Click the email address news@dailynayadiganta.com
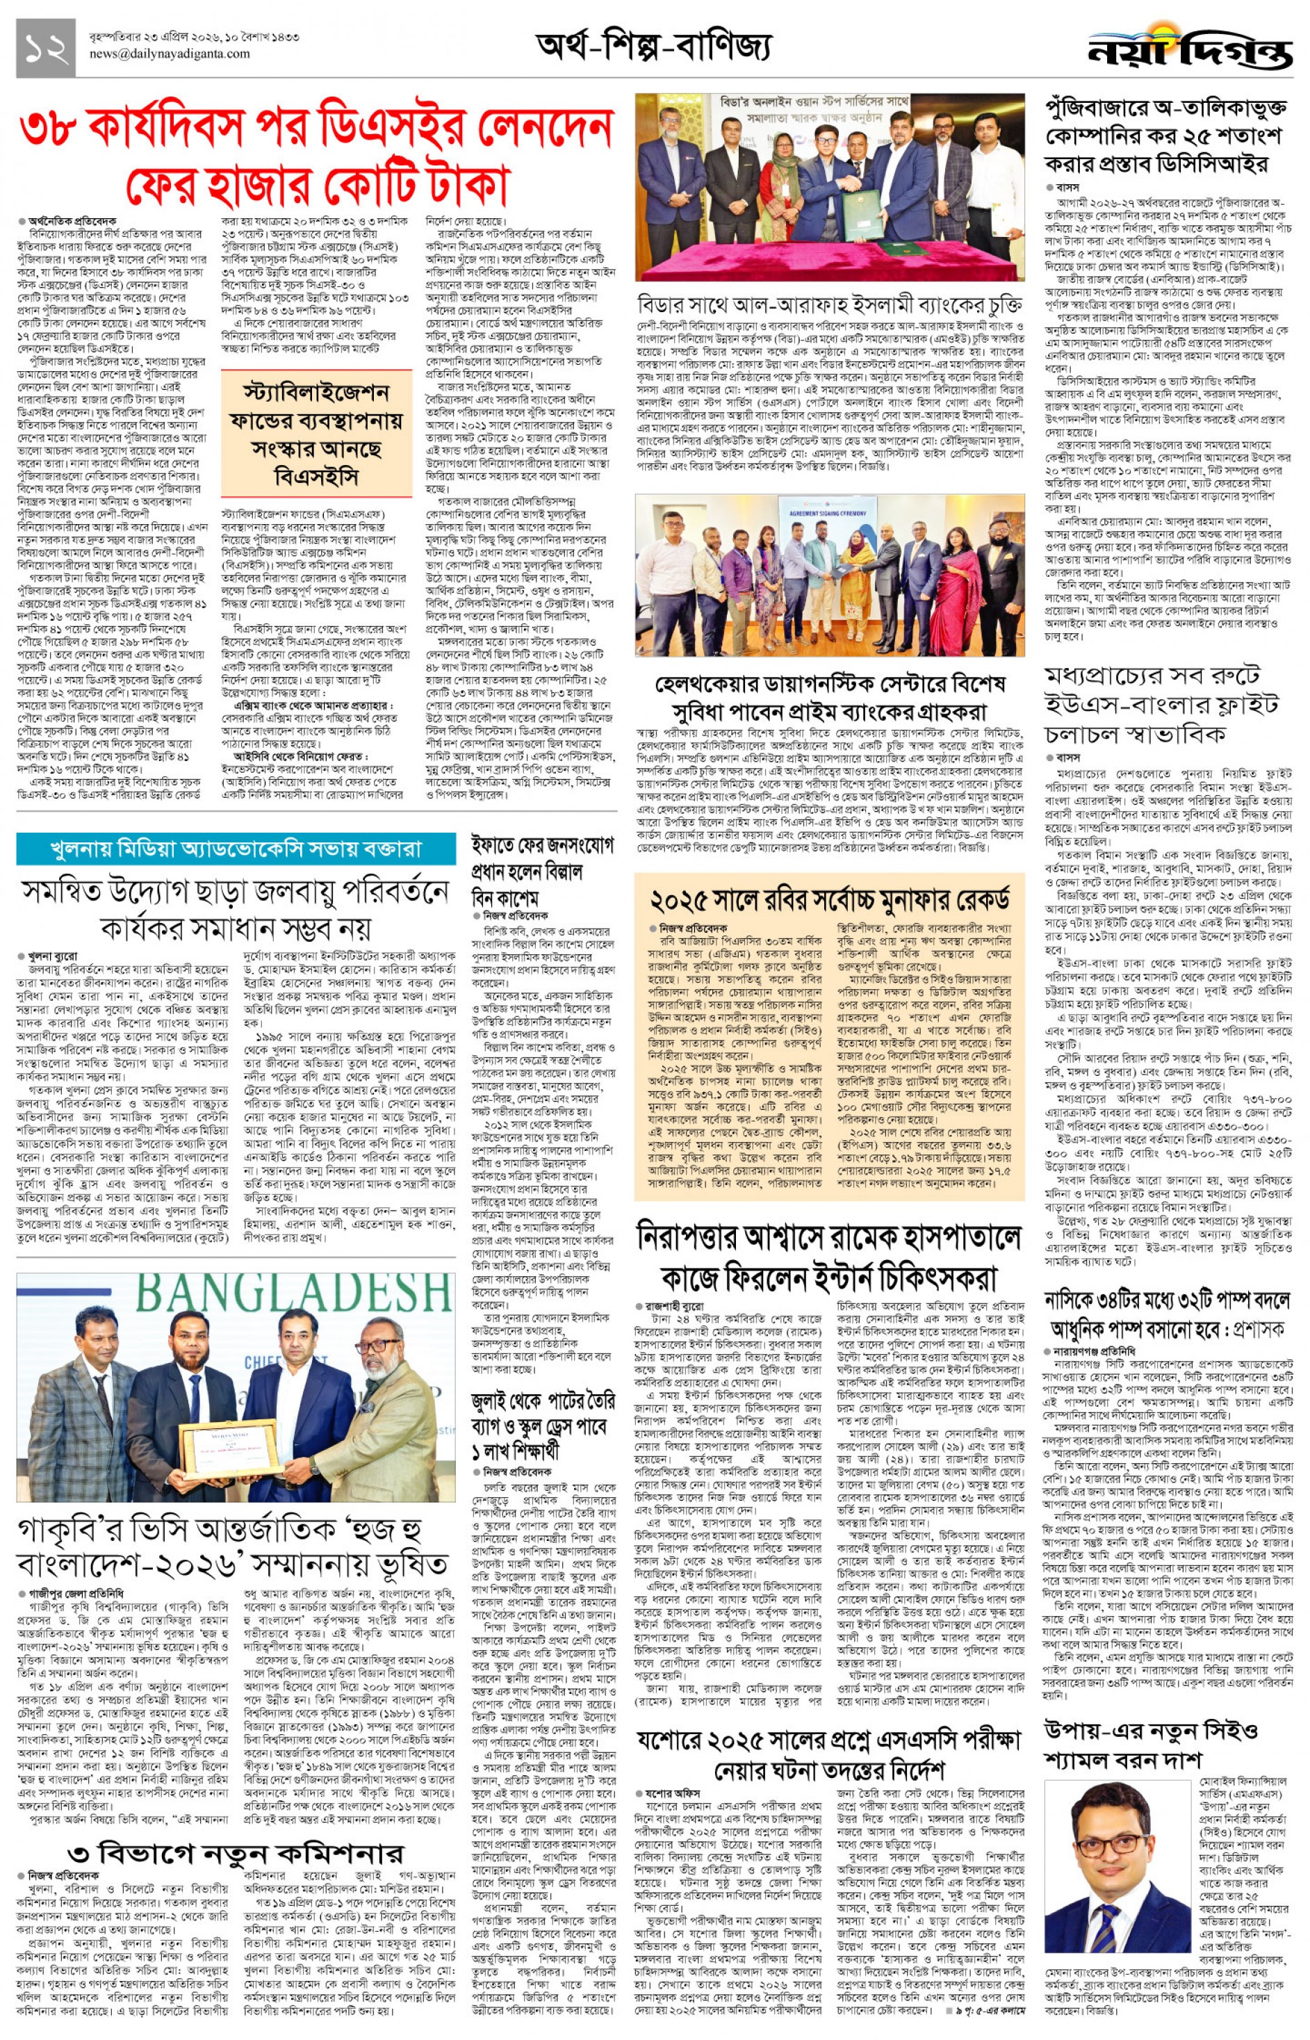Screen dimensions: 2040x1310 (x=170, y=54)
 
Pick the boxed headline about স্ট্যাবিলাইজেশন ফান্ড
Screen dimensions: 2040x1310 (x=316, y=434)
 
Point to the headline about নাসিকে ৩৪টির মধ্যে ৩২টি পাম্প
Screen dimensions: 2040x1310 (x=1167, y=1314)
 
